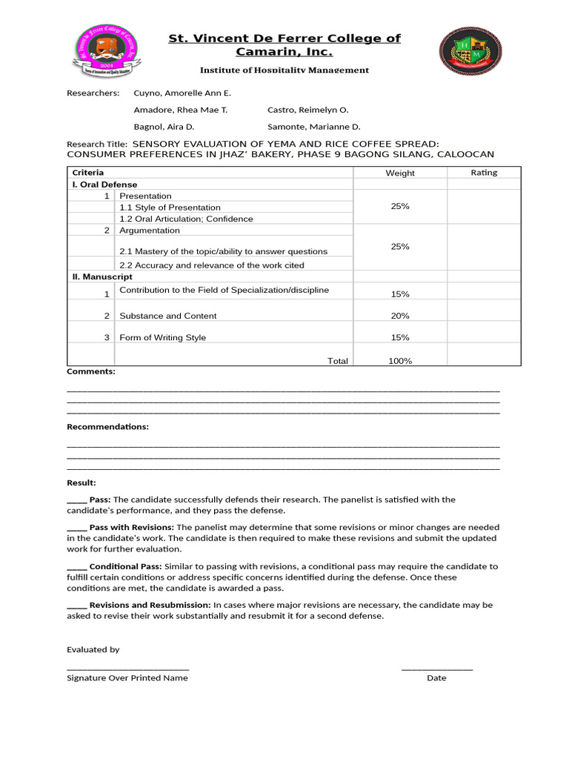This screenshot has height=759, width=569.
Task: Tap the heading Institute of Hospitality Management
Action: click(x=284, y=70)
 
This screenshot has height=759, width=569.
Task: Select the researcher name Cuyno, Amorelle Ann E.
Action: click(x=182, y=93)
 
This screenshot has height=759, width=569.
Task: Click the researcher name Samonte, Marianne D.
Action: click(x=313, y=127)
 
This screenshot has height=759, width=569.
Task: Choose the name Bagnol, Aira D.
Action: click(x=163, y=127)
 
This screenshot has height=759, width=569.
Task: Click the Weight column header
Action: click(x=400, y=173)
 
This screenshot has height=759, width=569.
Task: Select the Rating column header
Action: click(x=484, y=173)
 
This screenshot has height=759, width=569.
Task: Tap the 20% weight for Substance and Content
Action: click(x=400, y=316)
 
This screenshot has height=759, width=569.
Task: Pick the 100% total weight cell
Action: click(x=400, y=361)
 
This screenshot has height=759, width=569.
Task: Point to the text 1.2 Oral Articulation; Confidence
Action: click(x=186, y=219)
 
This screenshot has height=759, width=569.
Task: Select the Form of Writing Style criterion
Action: click(x=162, y=337)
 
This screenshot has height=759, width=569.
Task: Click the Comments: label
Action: click(x=91, y=371)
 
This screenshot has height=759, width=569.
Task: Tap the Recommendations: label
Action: click(x=107, y=427)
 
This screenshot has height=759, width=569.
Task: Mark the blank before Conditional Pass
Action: click(x=76, y=566)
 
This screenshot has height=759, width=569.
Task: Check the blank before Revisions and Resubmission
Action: click(x=76, y=605)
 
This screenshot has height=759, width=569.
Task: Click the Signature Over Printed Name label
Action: click(x=127, y=678)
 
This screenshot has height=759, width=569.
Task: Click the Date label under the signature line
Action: click(x=436, y=678)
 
